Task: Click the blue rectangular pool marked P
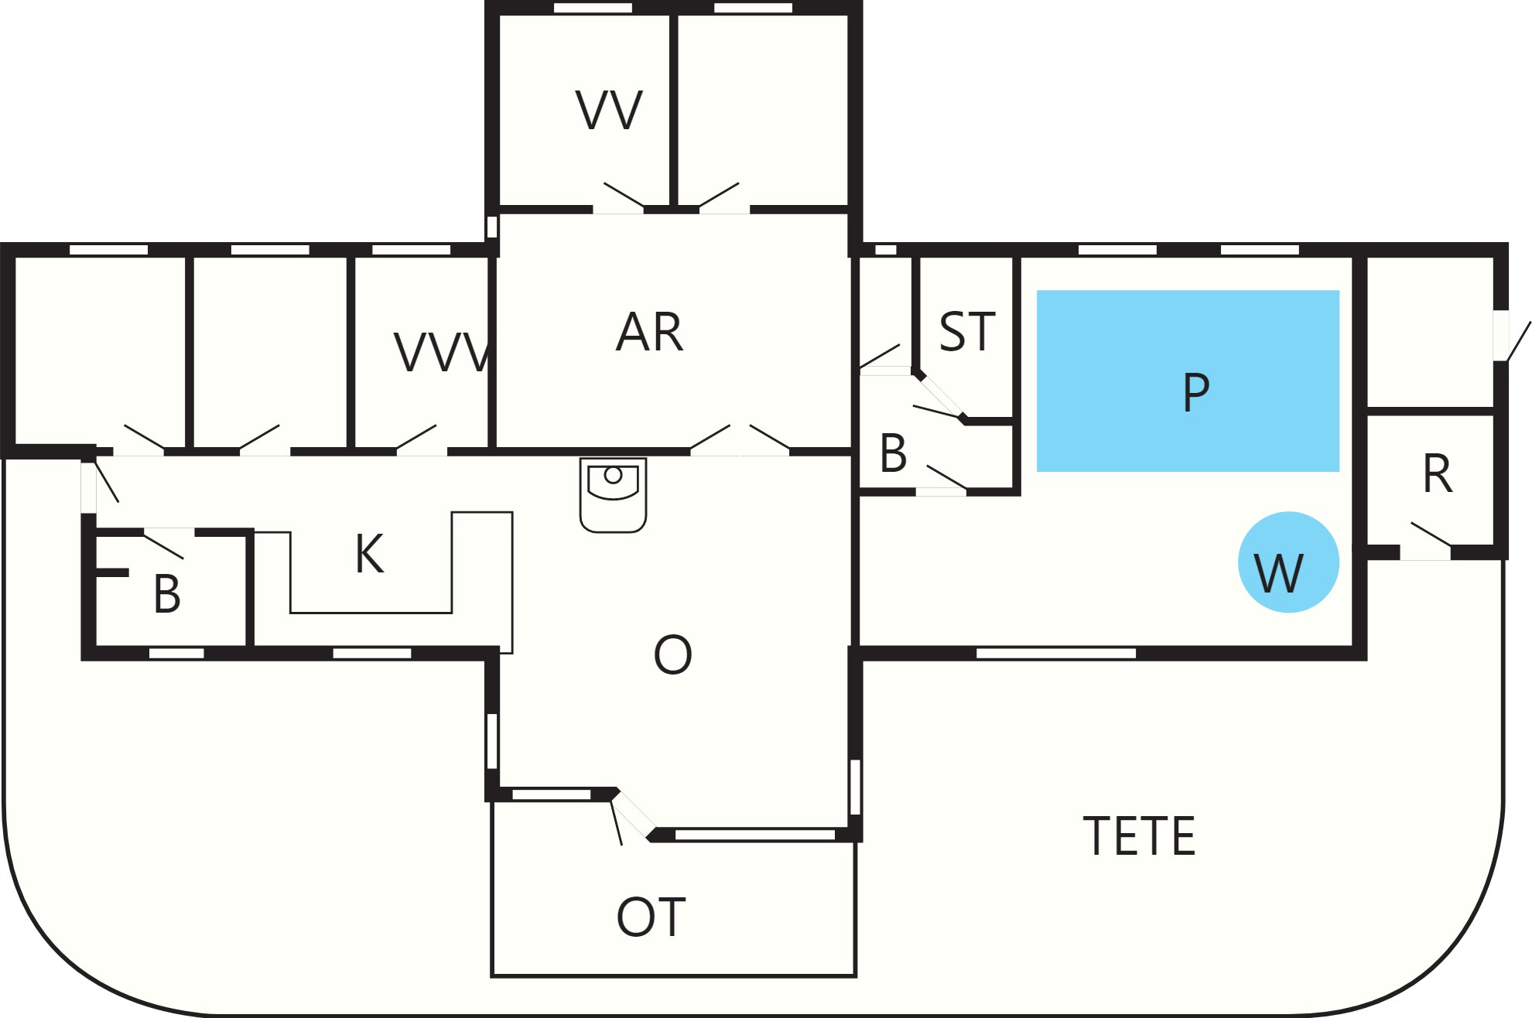point(1188,381)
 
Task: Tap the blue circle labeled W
point(1288,562)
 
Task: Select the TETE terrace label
point(1139,836)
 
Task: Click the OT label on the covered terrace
point(651,917)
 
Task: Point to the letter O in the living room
point(672,654)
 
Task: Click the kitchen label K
point(370,554)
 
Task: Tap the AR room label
point(649,333)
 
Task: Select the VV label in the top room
point(609,110)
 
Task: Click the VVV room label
point(442,353)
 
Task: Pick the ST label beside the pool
point(967,332)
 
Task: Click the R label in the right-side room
point(1438,473)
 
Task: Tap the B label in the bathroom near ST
point(894,453)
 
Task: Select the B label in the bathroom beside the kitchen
point(167,594)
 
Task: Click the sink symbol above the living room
point(613,495)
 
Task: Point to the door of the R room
point(1425,541)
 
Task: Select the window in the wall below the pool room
point(1056,654)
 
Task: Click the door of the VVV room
point(422,439)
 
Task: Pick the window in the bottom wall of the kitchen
point(372,654)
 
